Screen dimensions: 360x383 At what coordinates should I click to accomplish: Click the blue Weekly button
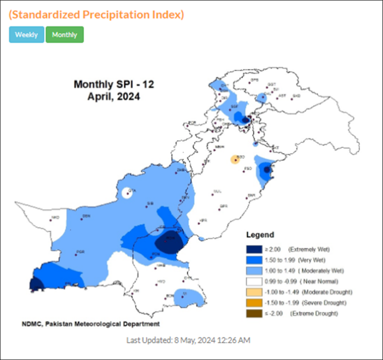[x=26, y=34]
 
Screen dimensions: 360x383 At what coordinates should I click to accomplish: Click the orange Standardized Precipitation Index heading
[x=96, y=14]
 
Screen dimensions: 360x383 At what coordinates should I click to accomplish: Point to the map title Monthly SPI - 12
[x=114, y=84]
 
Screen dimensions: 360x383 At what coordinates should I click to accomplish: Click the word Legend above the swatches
[x=260, y=235]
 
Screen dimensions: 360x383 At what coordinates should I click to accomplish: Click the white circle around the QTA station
[x=128, y=192]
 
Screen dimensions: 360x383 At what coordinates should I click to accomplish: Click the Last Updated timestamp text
[x=188, y=340]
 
